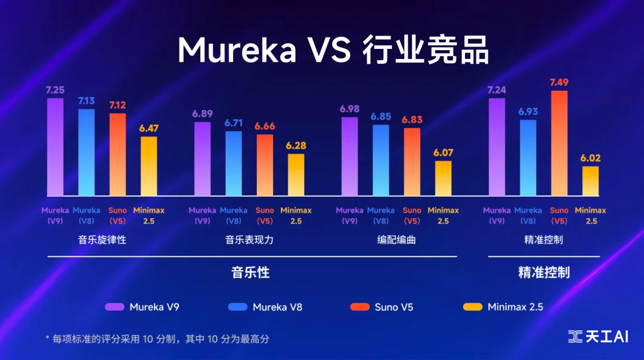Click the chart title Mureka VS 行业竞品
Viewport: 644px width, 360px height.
click(333, 51)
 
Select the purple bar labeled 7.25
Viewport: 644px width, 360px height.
click(55, 147)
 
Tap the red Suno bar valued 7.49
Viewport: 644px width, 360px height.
click(559, 143)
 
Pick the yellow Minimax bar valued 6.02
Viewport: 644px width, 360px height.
click(590, 181)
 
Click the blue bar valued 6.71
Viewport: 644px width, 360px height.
click(234, 163)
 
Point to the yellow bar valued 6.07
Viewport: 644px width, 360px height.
click(443, 178)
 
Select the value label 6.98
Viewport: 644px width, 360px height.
click(349, 108)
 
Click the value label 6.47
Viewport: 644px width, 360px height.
click(149, 128)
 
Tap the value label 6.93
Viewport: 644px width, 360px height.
click(528, 111)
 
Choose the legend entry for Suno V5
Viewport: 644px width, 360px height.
click(382, 308)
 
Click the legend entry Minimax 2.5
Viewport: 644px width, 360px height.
click(504, 308)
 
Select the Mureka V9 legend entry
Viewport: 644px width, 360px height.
click(143, 308)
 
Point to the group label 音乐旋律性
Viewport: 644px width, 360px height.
click(102, 240)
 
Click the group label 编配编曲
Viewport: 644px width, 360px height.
click(397, 240)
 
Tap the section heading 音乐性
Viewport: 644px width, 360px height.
click(250, 273)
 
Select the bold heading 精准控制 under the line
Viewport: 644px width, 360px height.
click(544, 273)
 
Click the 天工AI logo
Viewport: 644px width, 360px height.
click(597, 337)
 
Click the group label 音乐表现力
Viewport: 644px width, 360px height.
click(249, 240)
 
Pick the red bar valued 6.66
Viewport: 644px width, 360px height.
click(265, 165)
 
